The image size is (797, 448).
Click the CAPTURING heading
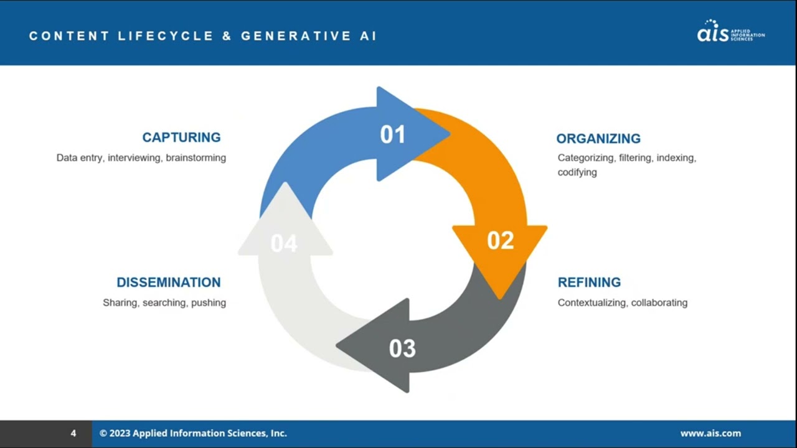(x=181, y=138)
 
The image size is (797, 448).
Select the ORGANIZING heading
(x=598, y=139)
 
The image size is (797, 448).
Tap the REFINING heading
(x=589, y=282)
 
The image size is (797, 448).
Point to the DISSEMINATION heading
(x=169, y=282)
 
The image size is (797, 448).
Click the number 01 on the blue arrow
(x=393, y=134)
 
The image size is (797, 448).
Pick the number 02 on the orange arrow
(x=501, y=240)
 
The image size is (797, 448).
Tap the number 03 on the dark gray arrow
(x=402, y=348)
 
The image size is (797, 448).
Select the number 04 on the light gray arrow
(x=284, y=243)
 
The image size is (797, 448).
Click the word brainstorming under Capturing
(x=196, y=158)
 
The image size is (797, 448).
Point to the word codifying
(x=577, y=172)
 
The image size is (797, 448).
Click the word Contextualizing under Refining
(x=592, y=303)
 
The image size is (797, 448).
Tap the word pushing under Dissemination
(x=209, y=303)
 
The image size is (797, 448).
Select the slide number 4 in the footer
(x=73, y=433)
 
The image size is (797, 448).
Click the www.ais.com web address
(x=710, y=433)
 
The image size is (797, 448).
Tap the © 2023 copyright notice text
(x=193, y=433)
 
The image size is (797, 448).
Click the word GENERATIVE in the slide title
(x=296, y=36)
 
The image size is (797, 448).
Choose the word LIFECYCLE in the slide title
(x=166, y=36)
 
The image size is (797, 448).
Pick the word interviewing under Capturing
(x=134, y=158)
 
